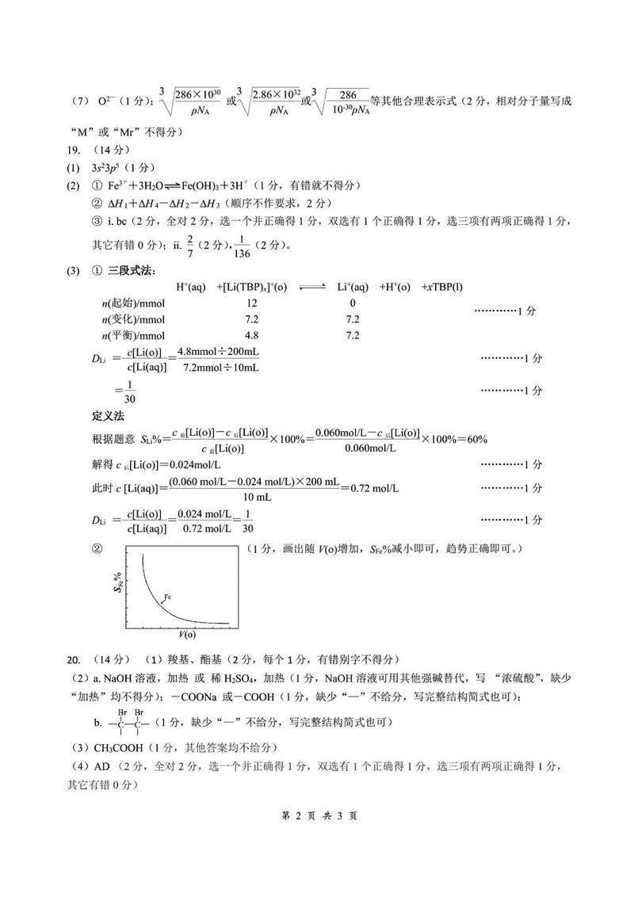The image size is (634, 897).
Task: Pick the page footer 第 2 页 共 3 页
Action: click(x=316, y=816)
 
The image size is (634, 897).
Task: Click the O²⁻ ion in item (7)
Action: click(x=107, y=101)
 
